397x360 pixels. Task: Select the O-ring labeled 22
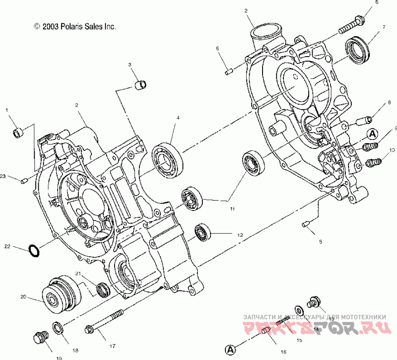[34, 251]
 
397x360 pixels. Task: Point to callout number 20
[23, 298]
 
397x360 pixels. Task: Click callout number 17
[112, 346]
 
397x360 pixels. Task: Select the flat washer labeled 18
[58, 327]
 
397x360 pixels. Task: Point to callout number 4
[178, 118]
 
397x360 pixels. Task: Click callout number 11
[232, 210]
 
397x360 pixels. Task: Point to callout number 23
[3, 176]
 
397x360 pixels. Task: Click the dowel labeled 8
[363, 120]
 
